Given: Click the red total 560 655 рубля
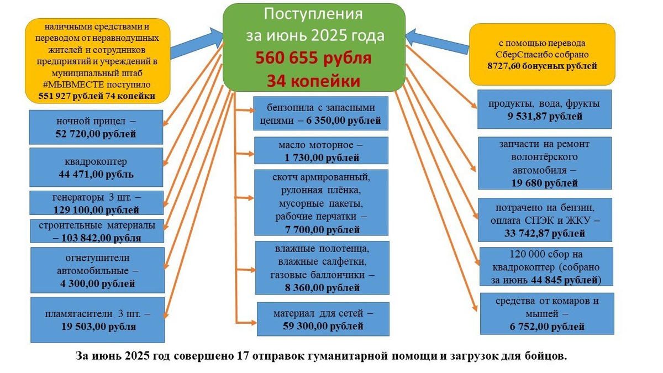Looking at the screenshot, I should [313, 59].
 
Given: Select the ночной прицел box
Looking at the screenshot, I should [96, 127].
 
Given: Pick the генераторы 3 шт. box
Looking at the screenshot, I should [96, 203].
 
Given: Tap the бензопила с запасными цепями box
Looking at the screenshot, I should [320, 114].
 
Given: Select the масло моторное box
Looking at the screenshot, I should [320, 151].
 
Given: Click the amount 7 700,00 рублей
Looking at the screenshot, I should [320, 229].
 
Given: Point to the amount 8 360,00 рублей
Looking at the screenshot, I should [320, 288].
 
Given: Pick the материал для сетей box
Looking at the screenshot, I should [323, 319].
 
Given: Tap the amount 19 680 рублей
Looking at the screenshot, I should [544, 183].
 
